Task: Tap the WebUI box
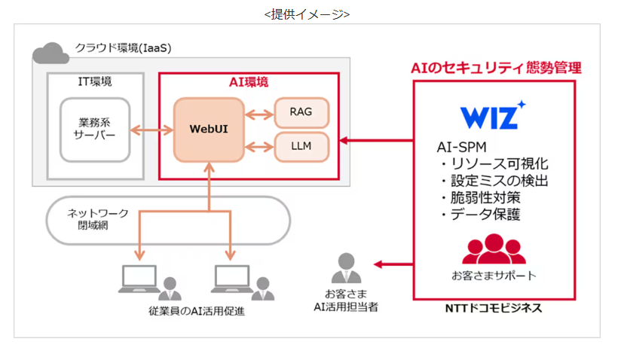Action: pos(209,129)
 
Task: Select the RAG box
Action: pos(301,112)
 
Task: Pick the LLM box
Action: pos(301,145)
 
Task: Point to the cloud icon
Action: pos(50,52)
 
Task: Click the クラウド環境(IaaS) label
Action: pos(123,48)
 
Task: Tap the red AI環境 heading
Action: pos(248,81)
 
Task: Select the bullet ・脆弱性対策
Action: pos(479,197)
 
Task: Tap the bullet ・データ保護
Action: pos(479,215)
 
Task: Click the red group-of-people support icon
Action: pos(494,249)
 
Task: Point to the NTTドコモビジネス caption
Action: pos(494,309)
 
